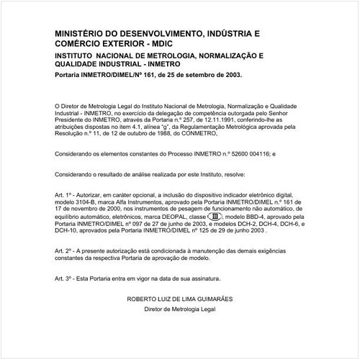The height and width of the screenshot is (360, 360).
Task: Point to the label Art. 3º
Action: click(65, 277)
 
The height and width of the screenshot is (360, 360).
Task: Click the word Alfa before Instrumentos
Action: click(135, 202)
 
